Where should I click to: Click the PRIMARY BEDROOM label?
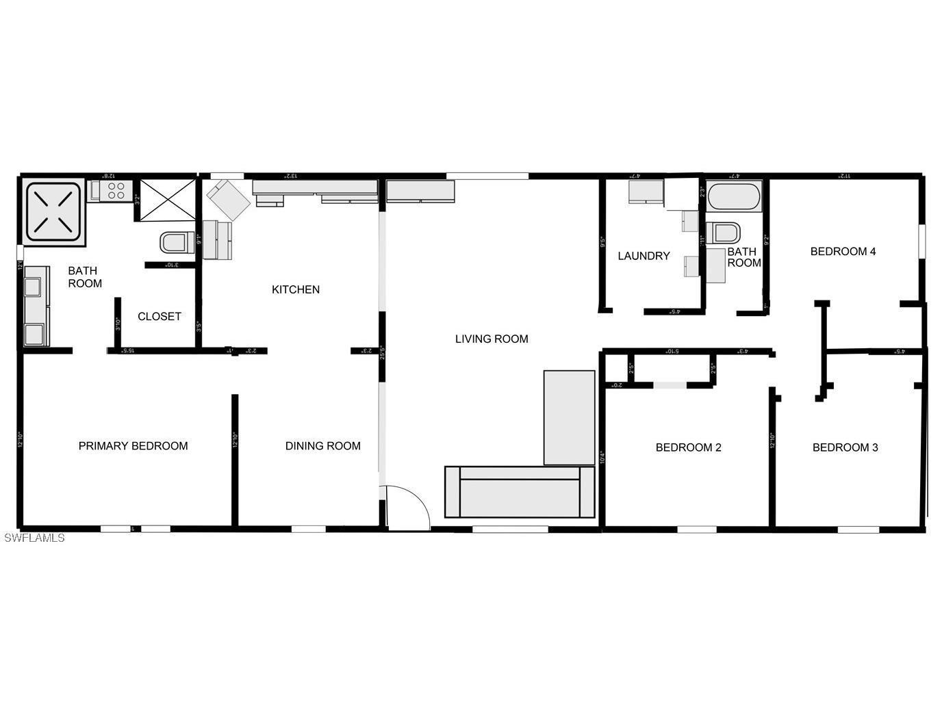133,446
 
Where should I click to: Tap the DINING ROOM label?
322,446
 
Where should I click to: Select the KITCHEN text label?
296,289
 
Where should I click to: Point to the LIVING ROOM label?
492,339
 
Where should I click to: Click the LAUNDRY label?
644,256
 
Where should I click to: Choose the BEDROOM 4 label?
843,251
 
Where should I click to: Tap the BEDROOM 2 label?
688,447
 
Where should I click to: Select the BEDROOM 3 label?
845,447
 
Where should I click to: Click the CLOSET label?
159,316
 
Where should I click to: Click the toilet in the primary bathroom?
177,242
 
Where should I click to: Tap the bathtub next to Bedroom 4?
734,196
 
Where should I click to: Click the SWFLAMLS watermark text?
34,538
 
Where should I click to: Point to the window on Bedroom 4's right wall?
921,241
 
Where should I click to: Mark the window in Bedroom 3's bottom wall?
858,529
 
